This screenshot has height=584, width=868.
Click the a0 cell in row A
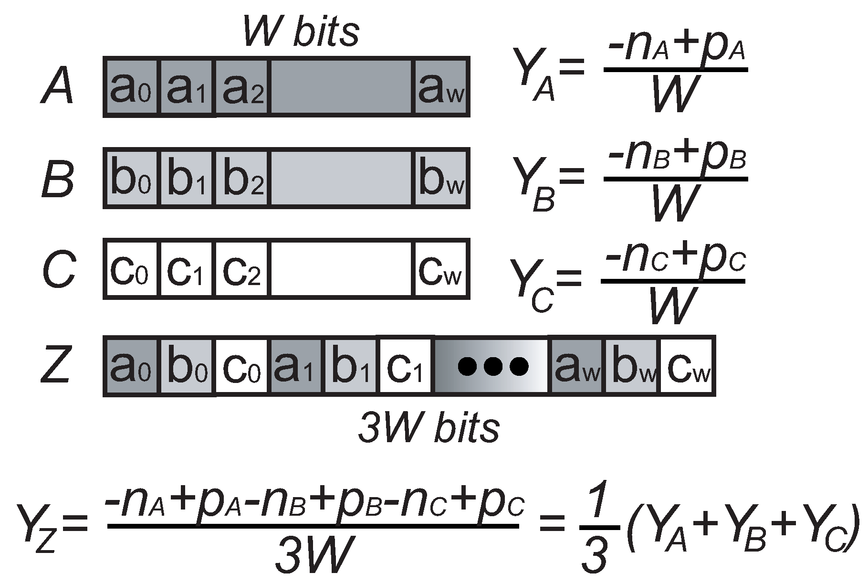[x=130, y=87]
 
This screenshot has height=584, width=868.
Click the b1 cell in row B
[x=187, y=178]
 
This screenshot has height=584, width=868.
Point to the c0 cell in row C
[x=130, y=269]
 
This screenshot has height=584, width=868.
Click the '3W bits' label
[x=429, y=427]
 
